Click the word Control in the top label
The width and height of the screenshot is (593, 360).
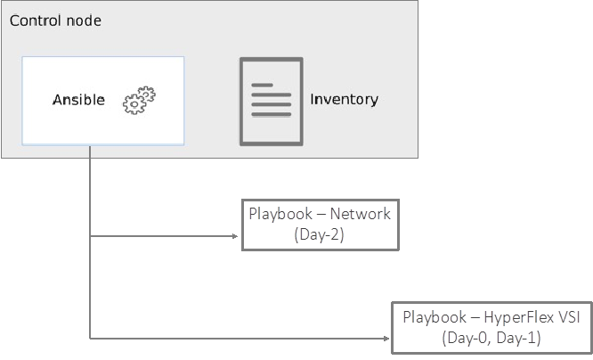click(x=35, y=20)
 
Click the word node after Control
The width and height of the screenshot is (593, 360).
click(x=83, y=20)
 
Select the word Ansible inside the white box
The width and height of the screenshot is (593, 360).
click(x=78, y=100)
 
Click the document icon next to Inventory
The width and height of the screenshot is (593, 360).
click(x=271, y=101)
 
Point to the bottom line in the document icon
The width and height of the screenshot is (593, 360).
click(x=271, y=115)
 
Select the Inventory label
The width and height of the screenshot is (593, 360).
click(x=344, y=99)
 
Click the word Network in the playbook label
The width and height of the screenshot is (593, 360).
click(x=361, y=214)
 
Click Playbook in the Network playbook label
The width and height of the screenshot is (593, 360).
click(x=280, y=214)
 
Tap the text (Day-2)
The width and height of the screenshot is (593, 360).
click(x=319, y=235)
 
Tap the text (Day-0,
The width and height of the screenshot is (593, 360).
click(x=466, y=338)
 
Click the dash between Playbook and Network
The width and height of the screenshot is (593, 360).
click(x=321, y=214)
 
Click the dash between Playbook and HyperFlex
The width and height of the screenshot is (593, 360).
click(x=475, y=316)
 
